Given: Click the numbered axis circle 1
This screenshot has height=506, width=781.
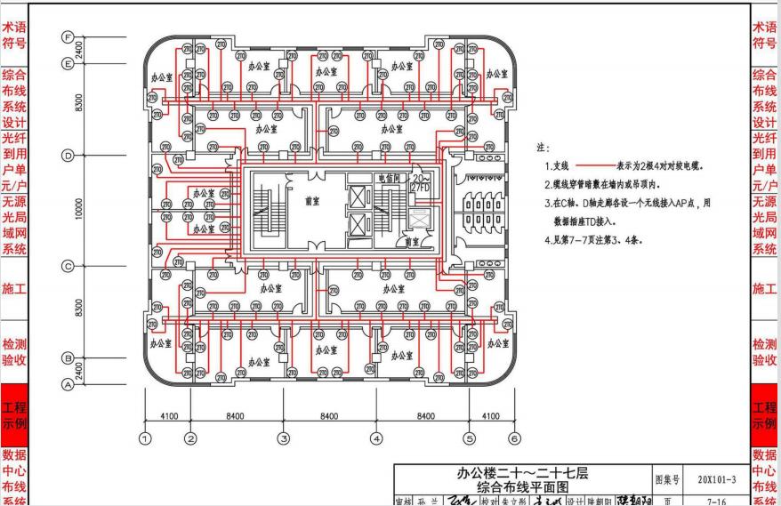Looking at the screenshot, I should coord(145,438).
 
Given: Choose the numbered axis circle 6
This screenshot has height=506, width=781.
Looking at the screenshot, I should coord(514,438).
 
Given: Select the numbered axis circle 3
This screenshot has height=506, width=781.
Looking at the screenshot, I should coord(283,438).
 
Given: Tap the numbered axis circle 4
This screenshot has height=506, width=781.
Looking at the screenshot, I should coord(376,438).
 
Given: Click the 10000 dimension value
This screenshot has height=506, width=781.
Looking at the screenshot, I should coord(79,211).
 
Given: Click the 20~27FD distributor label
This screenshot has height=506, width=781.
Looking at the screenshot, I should coord(420,184).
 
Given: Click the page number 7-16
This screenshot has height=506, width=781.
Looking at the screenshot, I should coord(716,501).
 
